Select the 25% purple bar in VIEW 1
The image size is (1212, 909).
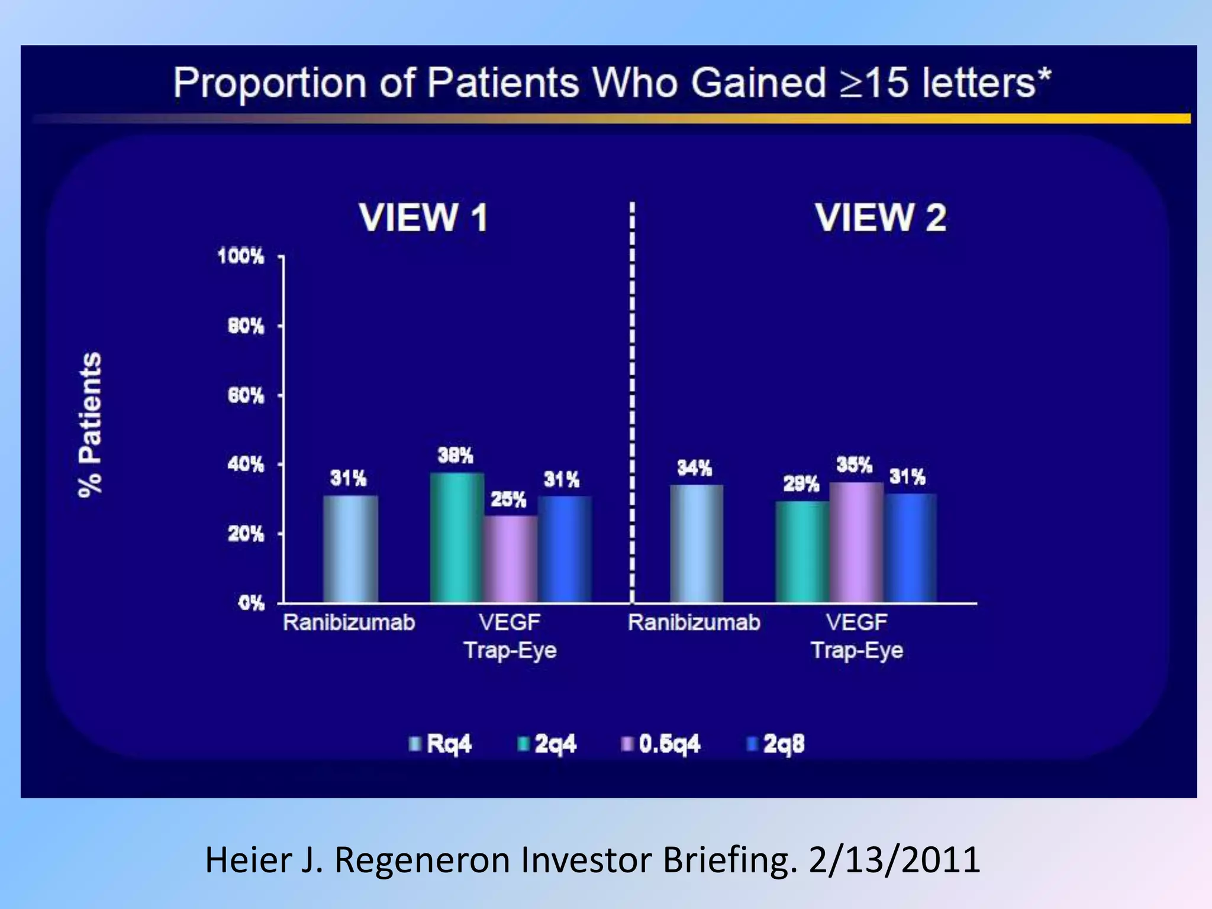tap(510, 559)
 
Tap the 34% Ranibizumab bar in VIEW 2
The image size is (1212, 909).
tap(697, 544)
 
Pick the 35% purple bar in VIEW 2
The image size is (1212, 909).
tap(856, 543)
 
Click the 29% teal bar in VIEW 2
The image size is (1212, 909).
tap(802, 552)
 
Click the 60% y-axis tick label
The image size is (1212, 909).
tap(246, 395)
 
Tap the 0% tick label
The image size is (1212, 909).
tap(251, 604)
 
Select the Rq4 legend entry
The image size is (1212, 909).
tap(440, 744)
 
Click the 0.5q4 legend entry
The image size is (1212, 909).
tap(660, 744)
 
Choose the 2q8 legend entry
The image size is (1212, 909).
tap(776, 744)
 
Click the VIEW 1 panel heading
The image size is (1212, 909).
tap(424, 218)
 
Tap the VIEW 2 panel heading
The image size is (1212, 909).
tap(881, 218)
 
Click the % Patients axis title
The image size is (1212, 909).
tap(91, 424)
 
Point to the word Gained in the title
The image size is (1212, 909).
tap(758, 82)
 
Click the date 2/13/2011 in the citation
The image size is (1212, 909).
tap(894, 860)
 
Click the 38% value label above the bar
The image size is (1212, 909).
tap(455, 456)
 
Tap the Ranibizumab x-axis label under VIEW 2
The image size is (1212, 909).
tap(694, 623)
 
